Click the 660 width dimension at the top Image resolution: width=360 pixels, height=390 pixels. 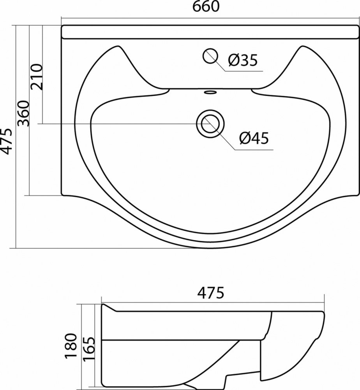(206, 7)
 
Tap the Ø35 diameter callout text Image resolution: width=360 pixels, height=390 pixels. (243, 60)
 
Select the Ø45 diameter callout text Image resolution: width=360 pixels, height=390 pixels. (254, 138)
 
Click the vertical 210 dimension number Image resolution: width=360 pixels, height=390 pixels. (37, 77)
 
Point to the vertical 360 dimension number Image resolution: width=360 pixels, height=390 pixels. (24, 113)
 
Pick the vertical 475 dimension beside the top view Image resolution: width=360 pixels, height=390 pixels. (5, 142)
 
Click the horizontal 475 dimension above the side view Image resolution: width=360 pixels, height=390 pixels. (211, 293)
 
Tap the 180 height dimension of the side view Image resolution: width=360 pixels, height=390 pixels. (71, 346)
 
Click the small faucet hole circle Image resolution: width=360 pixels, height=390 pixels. (210, 56)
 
